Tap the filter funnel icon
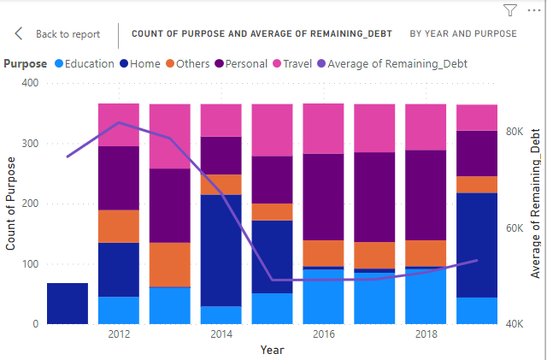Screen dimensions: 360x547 510,10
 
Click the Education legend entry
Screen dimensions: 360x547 83,63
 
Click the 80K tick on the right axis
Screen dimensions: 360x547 516,132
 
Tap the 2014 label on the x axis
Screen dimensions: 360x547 221,333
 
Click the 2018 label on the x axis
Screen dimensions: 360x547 426,333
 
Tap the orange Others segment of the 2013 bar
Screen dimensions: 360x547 170,264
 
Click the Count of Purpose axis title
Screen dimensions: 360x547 11,204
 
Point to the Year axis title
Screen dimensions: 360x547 273,350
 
